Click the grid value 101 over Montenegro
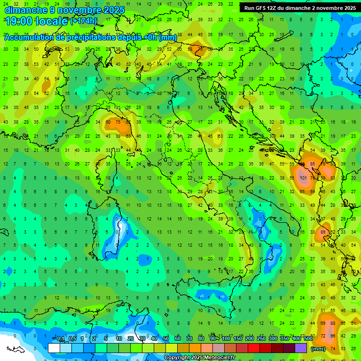click(x=303, y=178)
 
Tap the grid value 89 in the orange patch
click(x=323, y=232)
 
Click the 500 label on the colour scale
click(x=308, y=339)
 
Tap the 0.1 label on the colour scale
click(x=61, y=339)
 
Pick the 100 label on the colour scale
click(x=226, y=339)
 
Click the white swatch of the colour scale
click(x=54, y=348)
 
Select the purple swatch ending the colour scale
click(x=301, y=348)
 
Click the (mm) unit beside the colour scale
click(x=318, y=349)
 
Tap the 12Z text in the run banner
click(x=273, y=8)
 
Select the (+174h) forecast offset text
click(x=84, y=21)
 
